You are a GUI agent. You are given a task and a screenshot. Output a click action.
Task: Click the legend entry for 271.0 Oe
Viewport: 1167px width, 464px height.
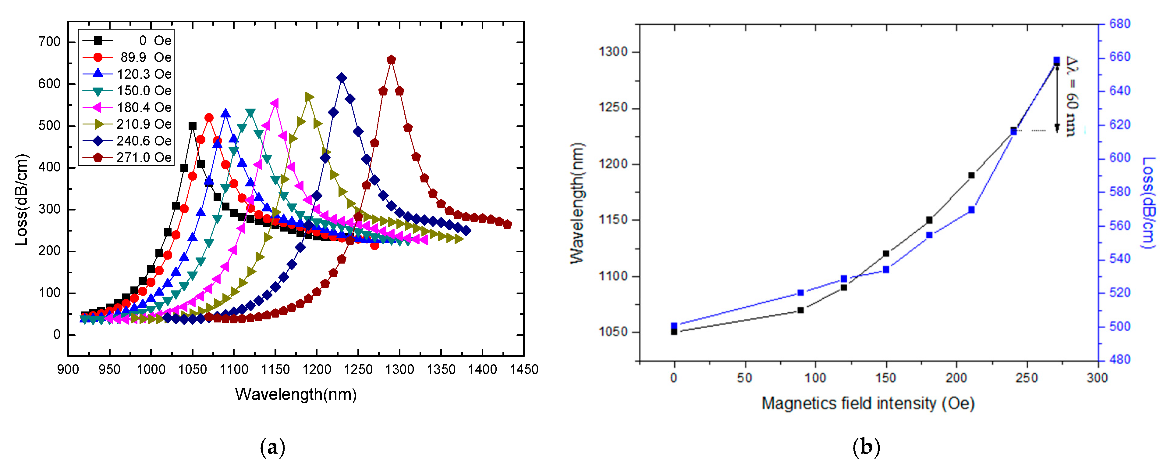pos(127,157)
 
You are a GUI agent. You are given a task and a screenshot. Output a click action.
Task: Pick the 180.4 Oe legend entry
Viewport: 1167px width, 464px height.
pos(127,107)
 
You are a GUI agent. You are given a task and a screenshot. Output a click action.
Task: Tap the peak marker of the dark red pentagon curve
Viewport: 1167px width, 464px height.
pos(392,60)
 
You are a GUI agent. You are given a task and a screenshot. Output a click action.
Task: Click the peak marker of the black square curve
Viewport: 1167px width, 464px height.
pos(193,126)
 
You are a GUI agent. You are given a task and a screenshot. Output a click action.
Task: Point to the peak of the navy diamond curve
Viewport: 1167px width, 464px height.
pos(342,78)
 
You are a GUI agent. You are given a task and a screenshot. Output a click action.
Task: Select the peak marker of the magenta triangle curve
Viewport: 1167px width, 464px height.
pos(275,104)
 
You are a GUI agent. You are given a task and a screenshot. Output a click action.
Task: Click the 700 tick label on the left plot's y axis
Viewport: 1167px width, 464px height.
pos(49,42)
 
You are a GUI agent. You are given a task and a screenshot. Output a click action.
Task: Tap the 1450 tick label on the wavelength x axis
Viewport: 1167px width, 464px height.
pos(524,369)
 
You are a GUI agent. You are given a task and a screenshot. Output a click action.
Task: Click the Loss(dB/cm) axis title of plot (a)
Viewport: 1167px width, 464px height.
pos(21,200)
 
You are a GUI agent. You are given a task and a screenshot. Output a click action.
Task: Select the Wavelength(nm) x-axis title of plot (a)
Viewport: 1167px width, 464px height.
pos(296,394)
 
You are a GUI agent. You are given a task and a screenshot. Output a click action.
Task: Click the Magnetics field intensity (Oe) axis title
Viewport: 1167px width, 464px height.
pos(867,403)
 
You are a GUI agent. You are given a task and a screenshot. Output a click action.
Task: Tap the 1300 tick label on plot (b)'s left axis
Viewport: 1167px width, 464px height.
pos(614,52)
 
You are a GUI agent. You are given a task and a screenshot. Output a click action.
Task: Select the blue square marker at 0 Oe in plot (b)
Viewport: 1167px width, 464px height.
pos(674,326)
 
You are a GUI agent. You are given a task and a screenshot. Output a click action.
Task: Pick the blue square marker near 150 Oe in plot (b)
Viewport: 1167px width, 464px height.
pos(886,269)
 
